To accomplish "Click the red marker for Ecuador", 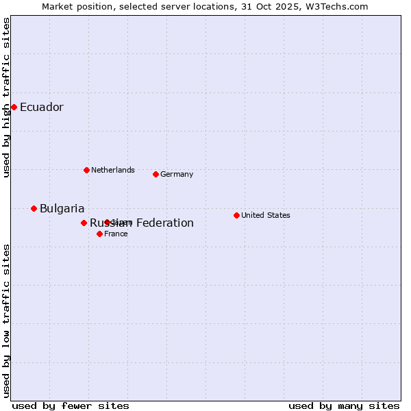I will [14, 107].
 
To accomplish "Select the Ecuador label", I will [41, 108].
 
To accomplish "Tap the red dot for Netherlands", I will [86, 170].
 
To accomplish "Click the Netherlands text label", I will [112, 170].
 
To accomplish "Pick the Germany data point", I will [155, 174].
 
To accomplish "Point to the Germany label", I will [177, 174].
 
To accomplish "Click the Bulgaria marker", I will [34, 208].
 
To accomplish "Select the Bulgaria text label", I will [62, 209].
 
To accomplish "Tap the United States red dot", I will [236, 215].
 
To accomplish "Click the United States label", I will [265, 215].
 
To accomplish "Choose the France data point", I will [99, 234].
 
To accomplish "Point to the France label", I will [116, 234].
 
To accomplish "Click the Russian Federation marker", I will [84, 223].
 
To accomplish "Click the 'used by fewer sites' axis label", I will [71, 406].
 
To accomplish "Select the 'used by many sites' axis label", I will [344, 406].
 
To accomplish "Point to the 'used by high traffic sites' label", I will [7, 97].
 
